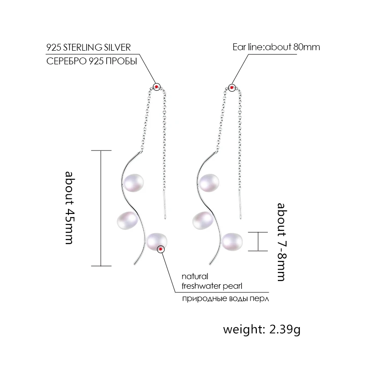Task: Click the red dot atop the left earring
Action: [157, 86]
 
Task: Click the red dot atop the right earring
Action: [232, 87]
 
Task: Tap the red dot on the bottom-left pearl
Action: [161, 249]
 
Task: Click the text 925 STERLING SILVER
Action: [89, 47]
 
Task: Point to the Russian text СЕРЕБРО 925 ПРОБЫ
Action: [92, 62]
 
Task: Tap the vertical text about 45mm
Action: [69, 208]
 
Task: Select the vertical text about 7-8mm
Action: [281, 242]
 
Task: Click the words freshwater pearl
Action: [211, 286]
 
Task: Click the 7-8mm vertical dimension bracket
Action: [258, 241]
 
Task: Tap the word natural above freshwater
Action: [195, 276]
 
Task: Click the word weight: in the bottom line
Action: [240, 329]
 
